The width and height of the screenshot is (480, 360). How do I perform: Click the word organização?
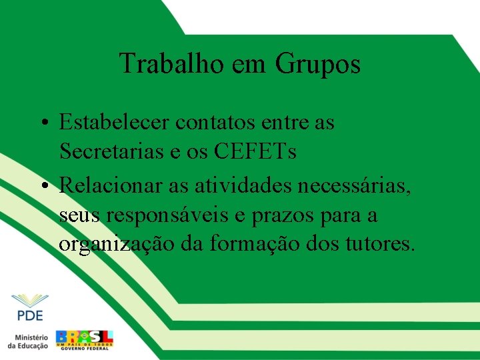(117, 245)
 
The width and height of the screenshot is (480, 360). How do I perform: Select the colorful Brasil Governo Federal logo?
(85, 339)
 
